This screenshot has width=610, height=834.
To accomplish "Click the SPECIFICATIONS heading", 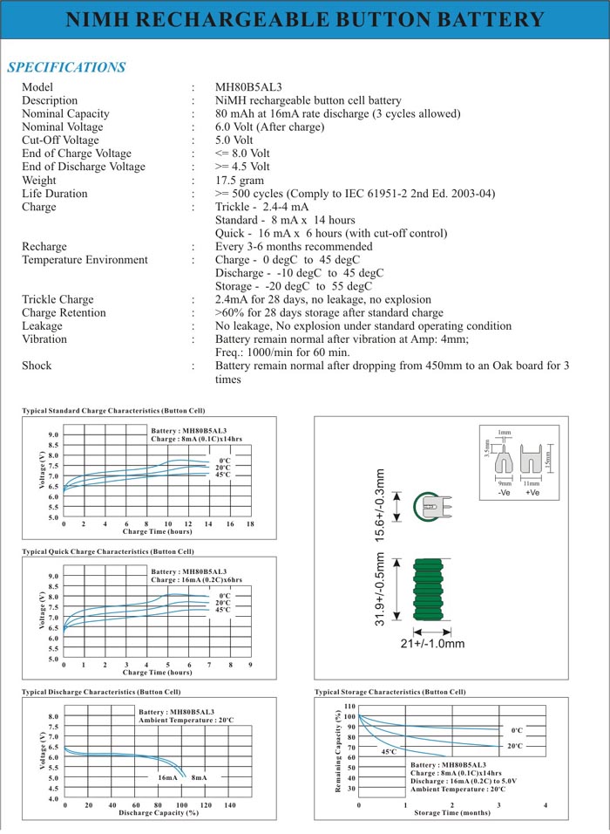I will [66, 67].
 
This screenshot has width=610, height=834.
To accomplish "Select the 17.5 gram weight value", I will [240, 181].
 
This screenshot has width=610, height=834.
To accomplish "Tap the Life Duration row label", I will [55, 194].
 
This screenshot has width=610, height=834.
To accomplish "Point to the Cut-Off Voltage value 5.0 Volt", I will [234, 140].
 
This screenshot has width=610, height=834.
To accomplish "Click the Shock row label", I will [37, 366].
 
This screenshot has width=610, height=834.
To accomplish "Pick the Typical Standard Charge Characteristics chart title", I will [113, 410].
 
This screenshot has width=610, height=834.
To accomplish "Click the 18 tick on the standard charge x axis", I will [250, 523].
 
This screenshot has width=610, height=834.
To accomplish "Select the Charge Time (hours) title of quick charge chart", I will [157, 673].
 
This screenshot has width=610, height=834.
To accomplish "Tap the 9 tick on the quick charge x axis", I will [250, 665].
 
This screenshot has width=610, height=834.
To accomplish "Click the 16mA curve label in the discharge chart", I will [167, 777].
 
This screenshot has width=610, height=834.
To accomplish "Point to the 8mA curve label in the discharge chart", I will [199, 777].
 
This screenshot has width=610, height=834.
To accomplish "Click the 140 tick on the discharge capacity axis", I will [230, 805].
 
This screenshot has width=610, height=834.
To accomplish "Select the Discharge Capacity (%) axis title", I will [159, 812].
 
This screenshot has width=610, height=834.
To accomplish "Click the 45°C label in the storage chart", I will [389, 751].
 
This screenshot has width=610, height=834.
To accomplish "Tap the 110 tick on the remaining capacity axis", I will [349, 706].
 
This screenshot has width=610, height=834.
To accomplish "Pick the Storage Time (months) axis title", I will [451, 812].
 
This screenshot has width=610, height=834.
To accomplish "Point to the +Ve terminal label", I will [532, 494].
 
